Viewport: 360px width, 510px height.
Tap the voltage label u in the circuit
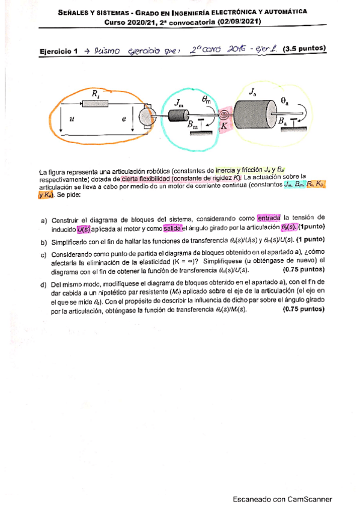pyautogui.click(x=72, y=119)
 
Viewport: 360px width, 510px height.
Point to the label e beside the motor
pyautogui.click(x=124, y=119)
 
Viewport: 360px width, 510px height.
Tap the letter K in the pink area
pyautogui.click(x=223, y=127)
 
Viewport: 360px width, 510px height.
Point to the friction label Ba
pyautogui.click(x=283, y=121)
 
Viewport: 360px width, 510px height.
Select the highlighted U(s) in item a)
pyautogui.click(x=84, y=228)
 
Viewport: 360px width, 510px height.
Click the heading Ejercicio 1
pyautogui.click(x=58, y=52)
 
